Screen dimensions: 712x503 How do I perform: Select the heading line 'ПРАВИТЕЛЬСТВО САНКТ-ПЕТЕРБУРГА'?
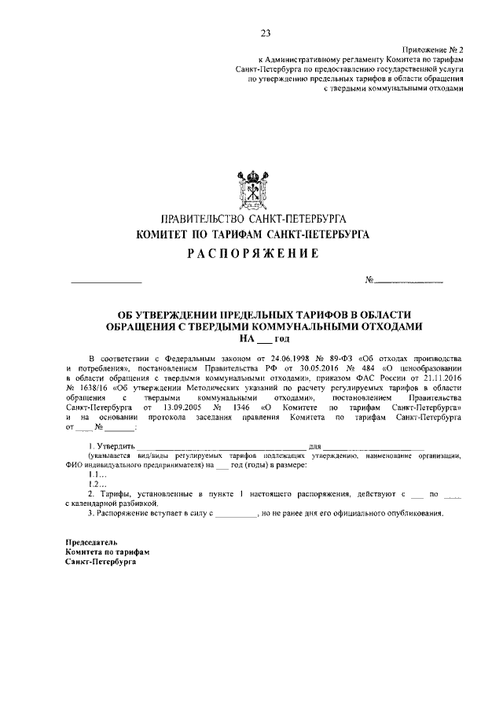251,218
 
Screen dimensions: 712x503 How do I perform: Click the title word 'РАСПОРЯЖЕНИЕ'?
251,253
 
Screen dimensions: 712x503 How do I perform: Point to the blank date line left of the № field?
106,281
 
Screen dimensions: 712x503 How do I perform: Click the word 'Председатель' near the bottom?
91,543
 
